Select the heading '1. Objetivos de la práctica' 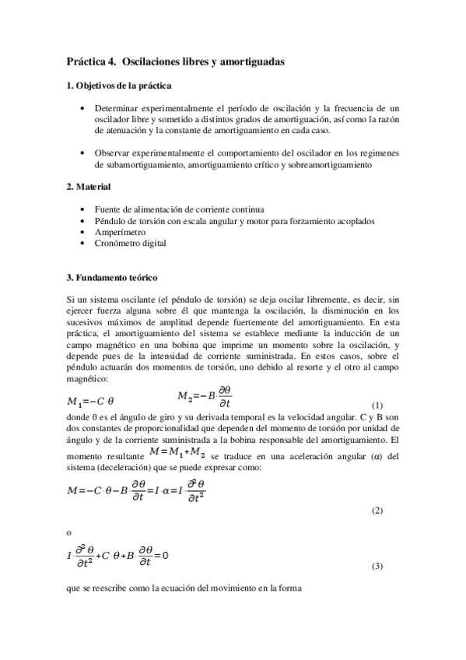(119, 85)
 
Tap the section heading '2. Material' (89, 188)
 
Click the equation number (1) (377, 405)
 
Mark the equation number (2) (377, 510)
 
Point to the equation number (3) (377, 566)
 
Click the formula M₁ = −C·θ (90, 402)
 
